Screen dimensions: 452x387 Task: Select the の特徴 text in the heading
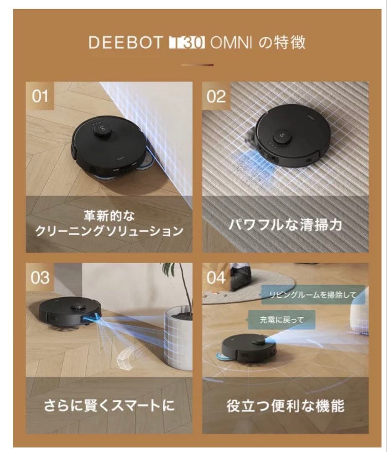281,43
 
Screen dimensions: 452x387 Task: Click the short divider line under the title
197,65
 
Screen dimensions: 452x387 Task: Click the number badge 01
41,96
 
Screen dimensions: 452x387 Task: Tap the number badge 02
216,96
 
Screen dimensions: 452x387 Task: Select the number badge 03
40,278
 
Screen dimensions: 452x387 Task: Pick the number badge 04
216,278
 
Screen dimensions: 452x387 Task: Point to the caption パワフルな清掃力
285,225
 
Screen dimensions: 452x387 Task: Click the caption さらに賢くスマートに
109,406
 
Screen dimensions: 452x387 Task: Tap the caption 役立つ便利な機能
285,406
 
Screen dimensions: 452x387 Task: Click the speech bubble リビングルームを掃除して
313,295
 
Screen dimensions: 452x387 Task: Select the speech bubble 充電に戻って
281,320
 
